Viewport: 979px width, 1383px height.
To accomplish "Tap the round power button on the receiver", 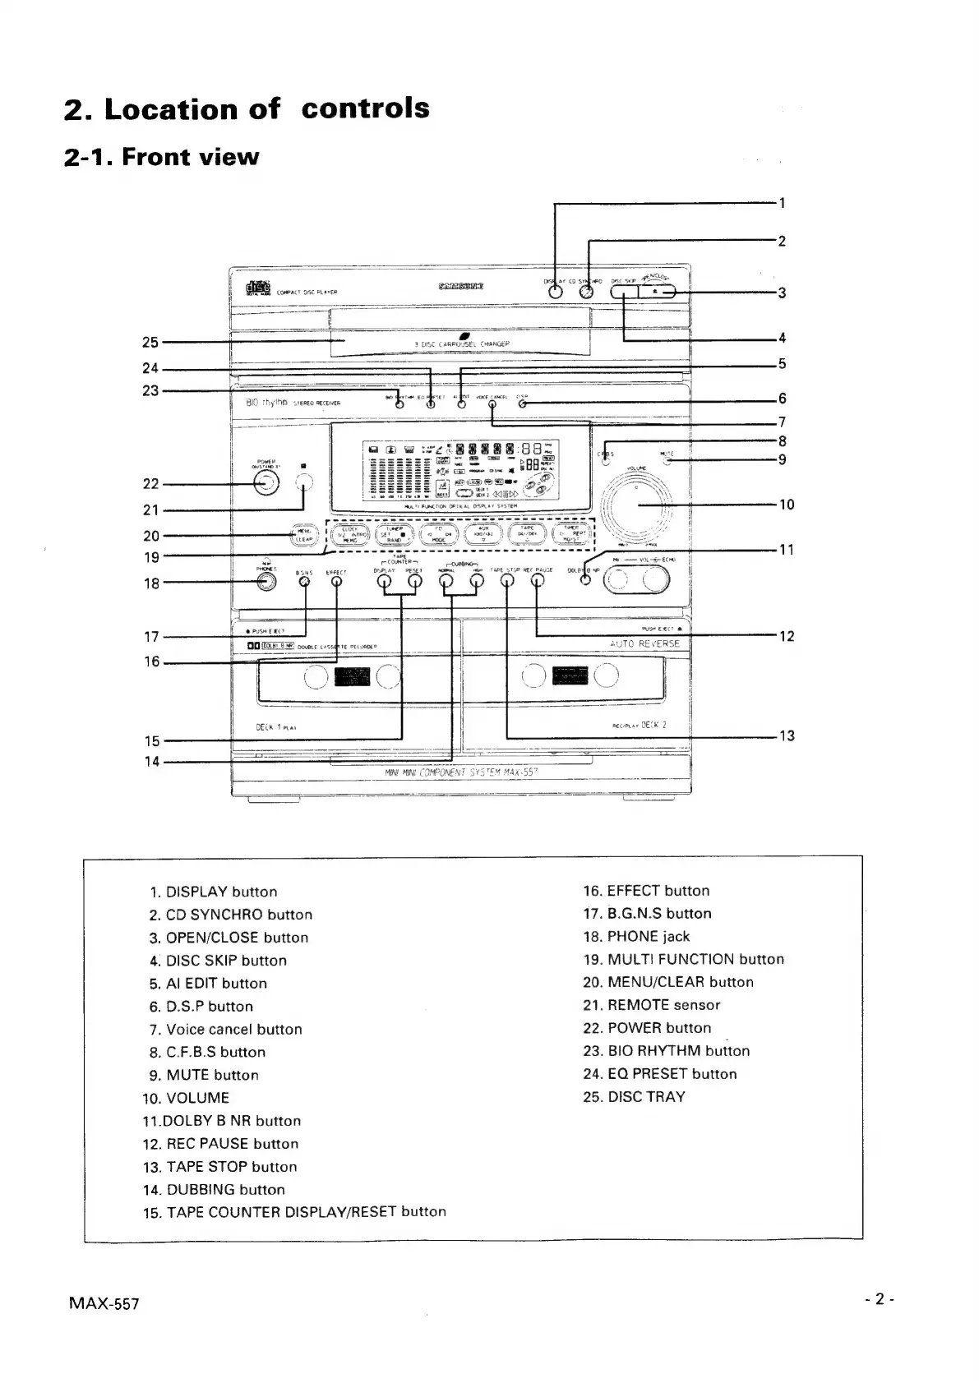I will pos(266,483).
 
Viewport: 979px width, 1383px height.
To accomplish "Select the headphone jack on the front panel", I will pos(266,581).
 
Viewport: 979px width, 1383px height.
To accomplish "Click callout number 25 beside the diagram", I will pos(150,342).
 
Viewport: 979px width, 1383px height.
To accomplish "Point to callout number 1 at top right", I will pos(783,202).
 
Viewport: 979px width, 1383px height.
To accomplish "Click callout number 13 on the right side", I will pos(787,736).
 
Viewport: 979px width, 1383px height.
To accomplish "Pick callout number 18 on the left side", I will pos(151,583).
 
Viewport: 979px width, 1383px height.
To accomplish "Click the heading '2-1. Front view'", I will pos(161,157).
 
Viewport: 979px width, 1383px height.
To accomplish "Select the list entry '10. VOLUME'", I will pos(187,1098).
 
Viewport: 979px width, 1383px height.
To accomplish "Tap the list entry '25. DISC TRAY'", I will pos(634,1097).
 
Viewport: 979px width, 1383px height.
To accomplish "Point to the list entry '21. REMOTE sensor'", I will pos(651,1005).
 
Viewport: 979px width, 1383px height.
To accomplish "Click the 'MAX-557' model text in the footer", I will pos(104,1304).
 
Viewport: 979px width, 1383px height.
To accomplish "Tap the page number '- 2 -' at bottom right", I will pos(879,1299).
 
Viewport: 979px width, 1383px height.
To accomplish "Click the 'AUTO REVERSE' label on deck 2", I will pos(645,643).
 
